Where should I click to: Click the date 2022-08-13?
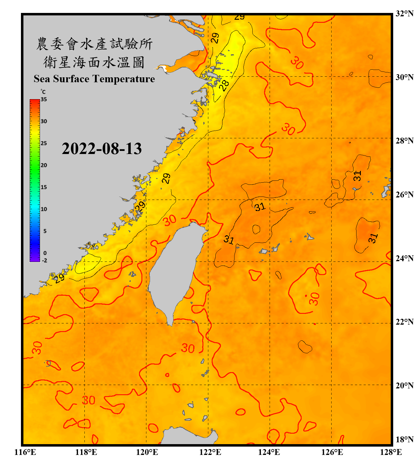tap(102, 149)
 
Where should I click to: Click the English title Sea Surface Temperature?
tap(94, 79)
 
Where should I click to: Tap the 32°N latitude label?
tap(404, 14)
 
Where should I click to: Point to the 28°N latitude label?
tap(404, 141)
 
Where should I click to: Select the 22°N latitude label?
tap(404, 322)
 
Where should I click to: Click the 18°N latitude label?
tap(404, 440)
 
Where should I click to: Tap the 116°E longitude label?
tap(25, 452)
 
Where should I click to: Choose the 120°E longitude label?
tap(147, 452)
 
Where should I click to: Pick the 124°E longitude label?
tap(269, 452)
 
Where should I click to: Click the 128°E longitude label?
tap(391, 452)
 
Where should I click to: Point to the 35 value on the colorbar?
tap(44, 99)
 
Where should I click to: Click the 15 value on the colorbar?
tap(44, 187)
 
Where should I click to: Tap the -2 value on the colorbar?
tap(44, 261)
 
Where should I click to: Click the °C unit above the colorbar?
tap(43, 92)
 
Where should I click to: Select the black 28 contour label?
tap(224, 85)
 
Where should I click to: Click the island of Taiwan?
tap(174, 271)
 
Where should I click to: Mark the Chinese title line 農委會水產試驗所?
tap(94, 44)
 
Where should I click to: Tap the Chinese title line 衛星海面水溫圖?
tap(94, 63)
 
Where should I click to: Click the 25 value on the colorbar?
tap(44, 143)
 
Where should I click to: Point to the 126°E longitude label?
tap(332, 452)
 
